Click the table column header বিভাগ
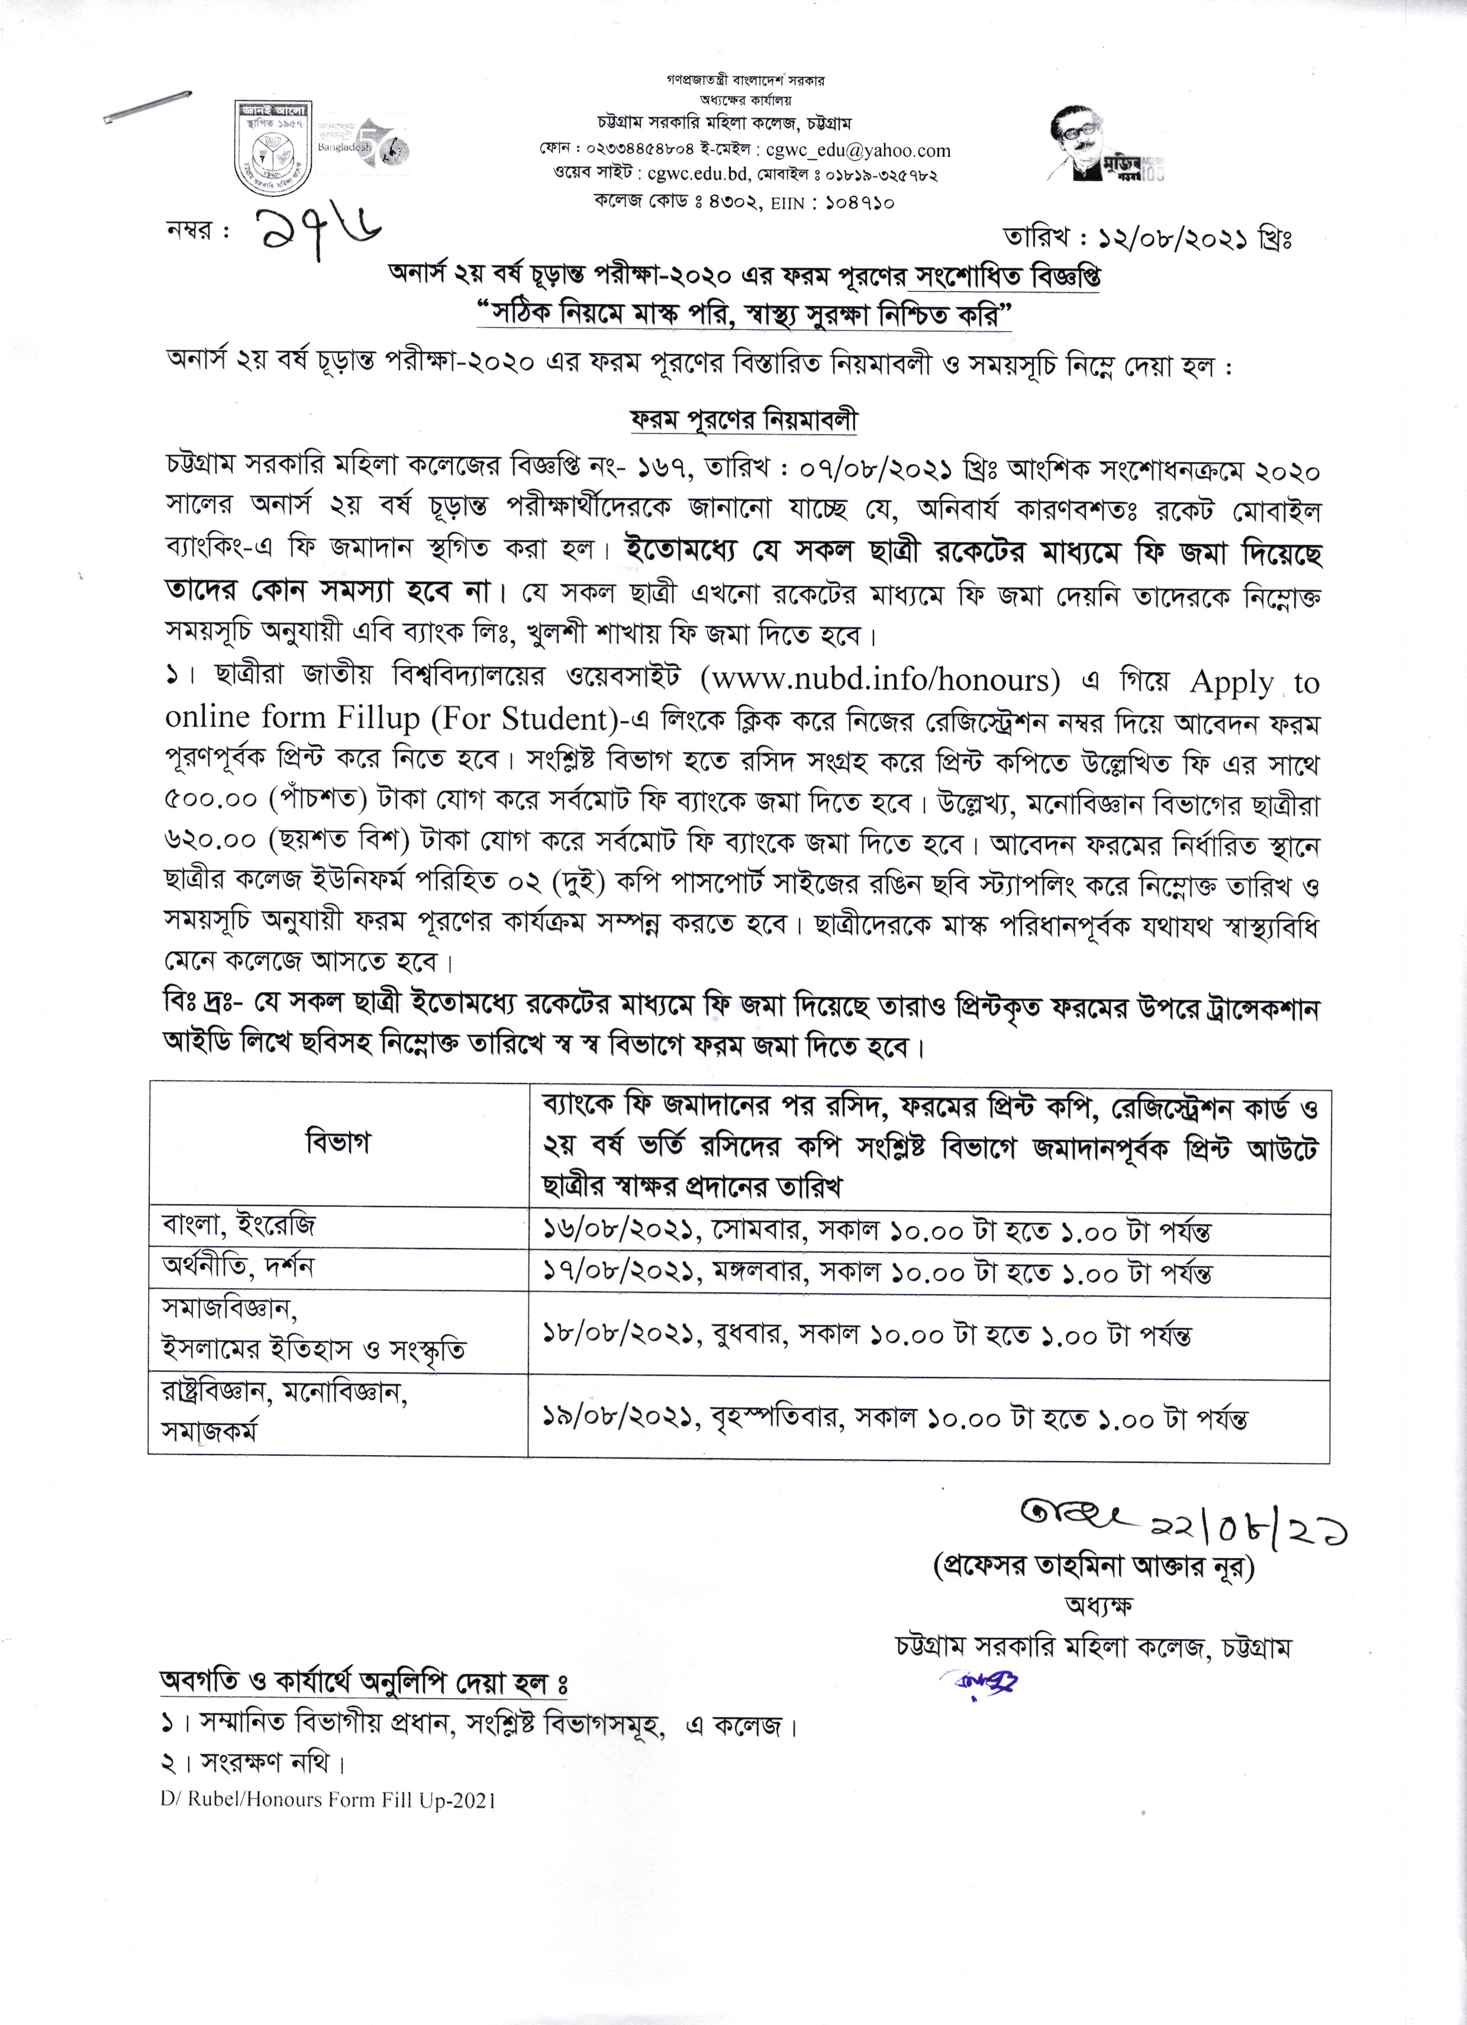pos(337,1142)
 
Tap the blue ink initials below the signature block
pos(982,1681)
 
